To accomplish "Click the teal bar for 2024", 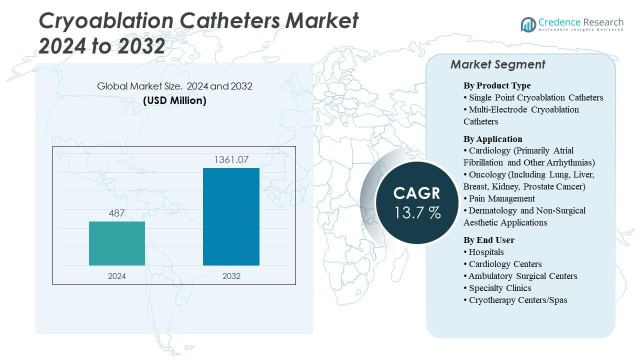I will [117, 243].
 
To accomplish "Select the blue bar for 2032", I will [231, 216].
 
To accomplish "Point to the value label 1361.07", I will [231, 160].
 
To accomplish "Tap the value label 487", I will [117, 213].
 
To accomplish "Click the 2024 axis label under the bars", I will [117, 276].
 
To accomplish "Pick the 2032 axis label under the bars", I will [231, 276].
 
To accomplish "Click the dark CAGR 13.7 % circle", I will [416, 202].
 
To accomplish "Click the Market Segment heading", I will [497, 64].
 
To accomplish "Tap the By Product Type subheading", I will [497, 85].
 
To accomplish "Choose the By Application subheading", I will [492, 139].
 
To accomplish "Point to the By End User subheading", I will [488, 240].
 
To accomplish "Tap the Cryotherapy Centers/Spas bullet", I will [517, 300].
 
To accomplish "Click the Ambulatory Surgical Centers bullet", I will [522, 276].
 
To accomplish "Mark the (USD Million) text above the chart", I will [174, 100].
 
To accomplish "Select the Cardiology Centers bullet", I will [505, 264].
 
